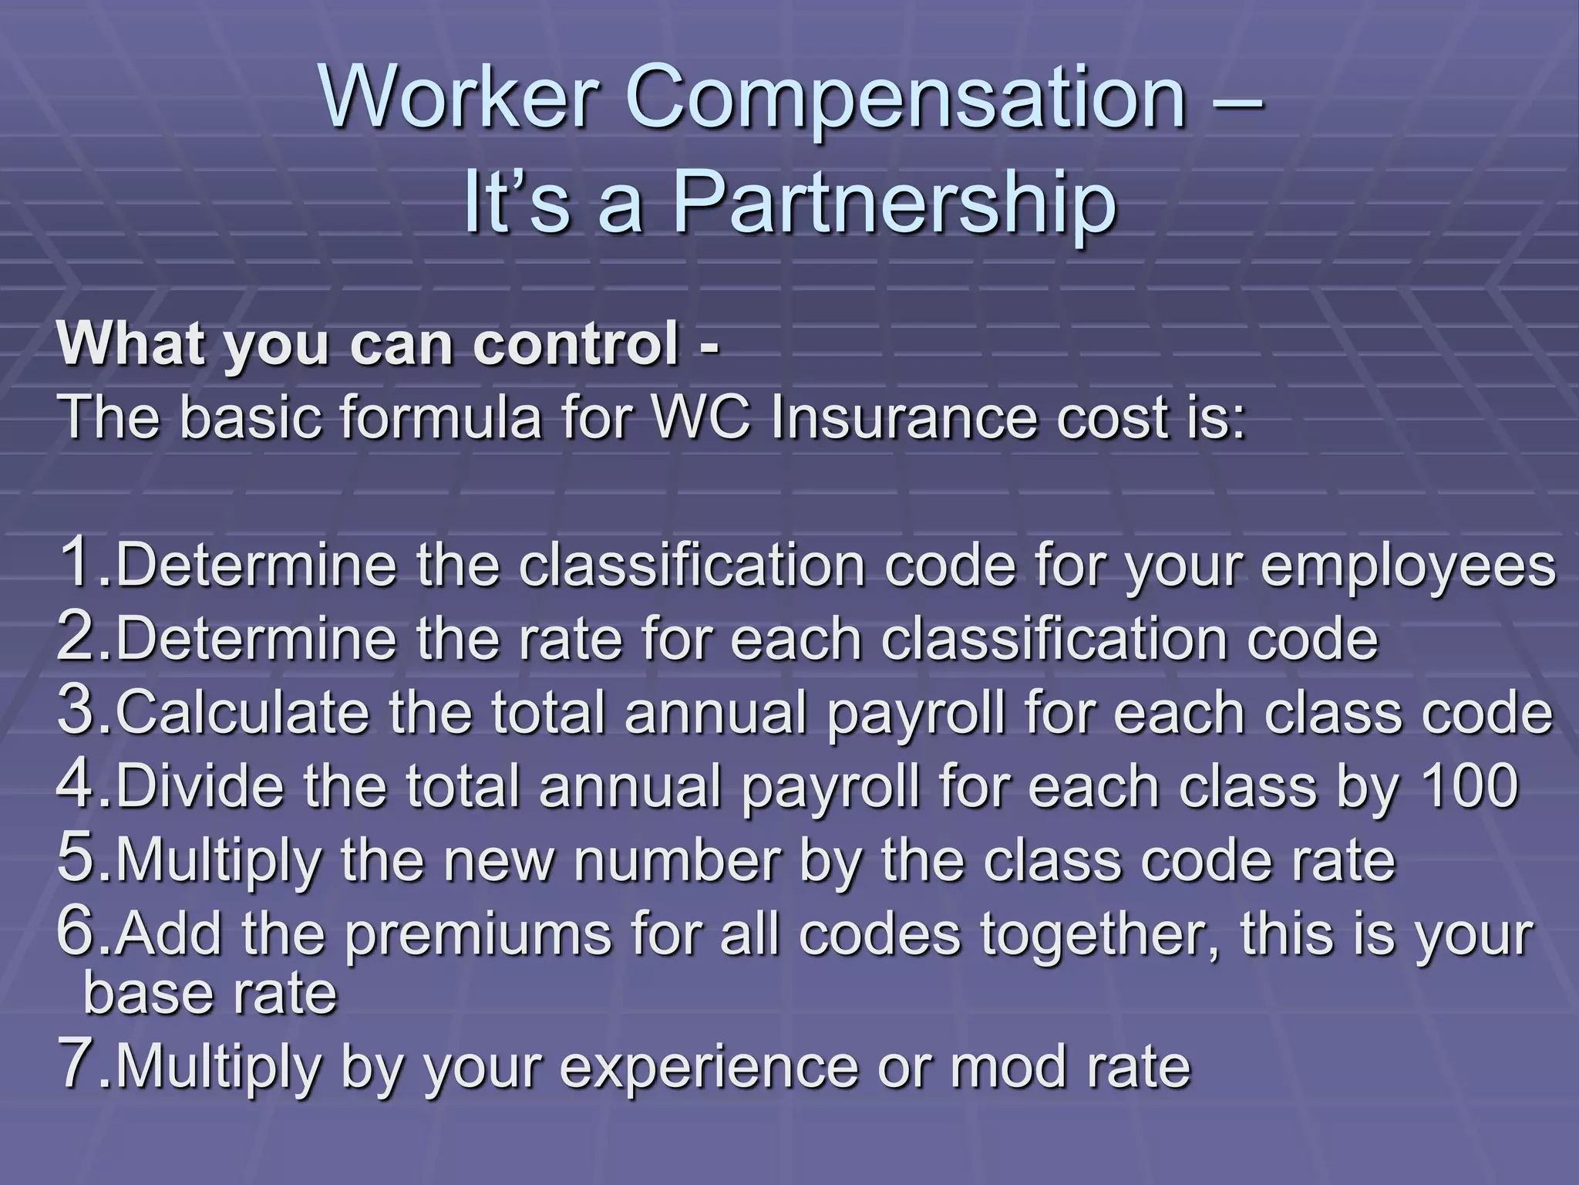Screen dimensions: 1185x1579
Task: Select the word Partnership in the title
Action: (x=894, y=206)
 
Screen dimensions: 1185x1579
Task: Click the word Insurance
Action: (x=902, y=417)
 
